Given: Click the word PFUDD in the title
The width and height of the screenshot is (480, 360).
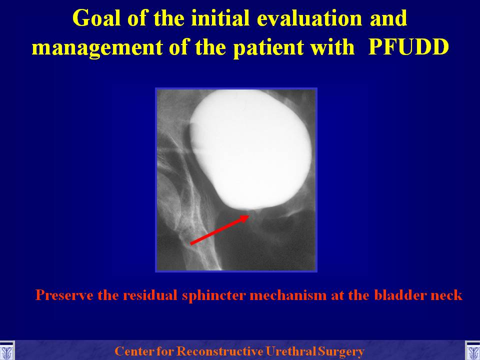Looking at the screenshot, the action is (408, 47).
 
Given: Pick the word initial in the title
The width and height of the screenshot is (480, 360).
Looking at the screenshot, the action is (220, 18).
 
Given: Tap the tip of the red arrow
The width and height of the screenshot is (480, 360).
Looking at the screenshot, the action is (249, 215).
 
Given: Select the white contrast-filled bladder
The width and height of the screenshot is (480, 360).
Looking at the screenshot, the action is (250, 149).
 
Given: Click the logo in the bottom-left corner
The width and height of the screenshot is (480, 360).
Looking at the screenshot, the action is (7, 351).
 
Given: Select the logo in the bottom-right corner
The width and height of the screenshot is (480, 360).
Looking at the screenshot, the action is (472, 351).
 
